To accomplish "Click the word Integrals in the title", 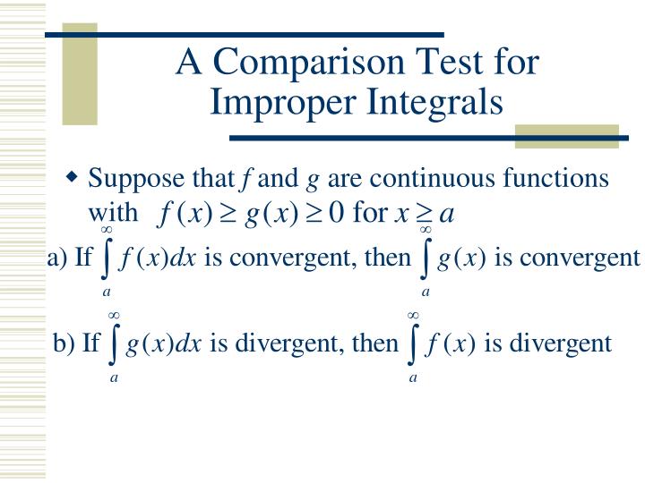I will click(x=432, y=101).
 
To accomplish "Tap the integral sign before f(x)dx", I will click(x=107, y=259).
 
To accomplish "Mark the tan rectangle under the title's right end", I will click(x=567, y=136).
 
